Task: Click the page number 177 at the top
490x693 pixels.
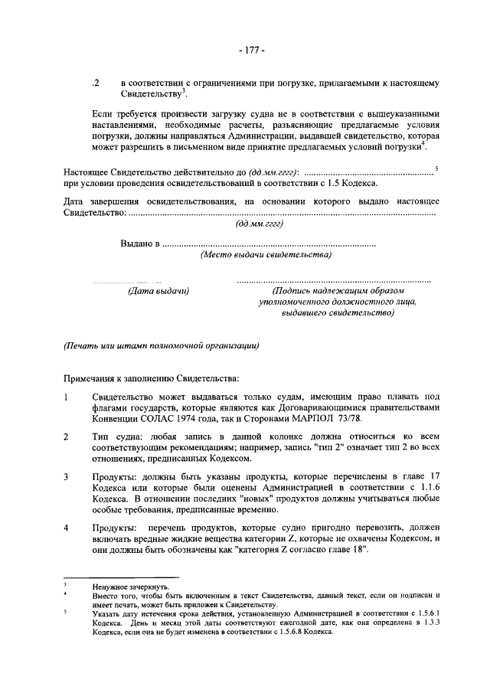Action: [x=250, y=51]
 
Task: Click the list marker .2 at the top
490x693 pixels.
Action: [x=95, y=81]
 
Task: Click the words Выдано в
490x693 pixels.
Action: [x=139, y=244]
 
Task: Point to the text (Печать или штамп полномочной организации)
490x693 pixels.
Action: [x=162, y=345]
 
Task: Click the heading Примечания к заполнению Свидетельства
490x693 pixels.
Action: [x=152, y=378]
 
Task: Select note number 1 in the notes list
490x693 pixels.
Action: [x=67, y=397]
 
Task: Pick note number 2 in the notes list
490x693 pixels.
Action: [x=67, y=437]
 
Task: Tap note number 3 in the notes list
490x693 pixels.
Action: [x=67, y=478]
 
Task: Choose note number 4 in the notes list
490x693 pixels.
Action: [x=67, y=529]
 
